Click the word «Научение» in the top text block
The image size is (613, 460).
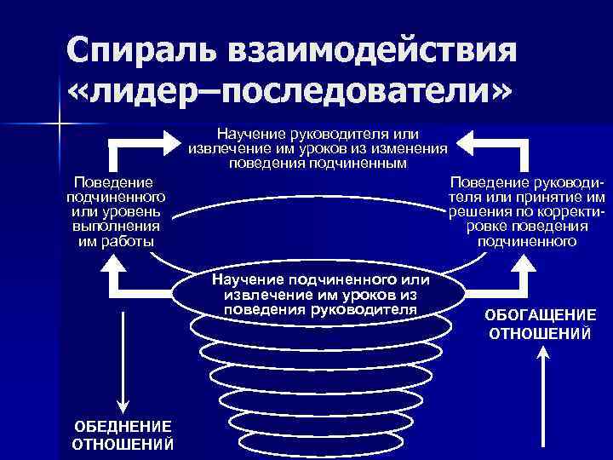pyautogui.click(x=245, y=134)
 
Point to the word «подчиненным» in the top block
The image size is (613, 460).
pyautogui.click(x=360, y=162)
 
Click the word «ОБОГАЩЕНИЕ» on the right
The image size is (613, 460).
pyautogui.click(x=541, y=314)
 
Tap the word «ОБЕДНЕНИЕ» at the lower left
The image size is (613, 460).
pyautogui.click(x=122, y=426)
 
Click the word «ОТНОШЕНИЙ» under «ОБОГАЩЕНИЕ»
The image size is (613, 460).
pyautogui.click(x=541, y=331)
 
